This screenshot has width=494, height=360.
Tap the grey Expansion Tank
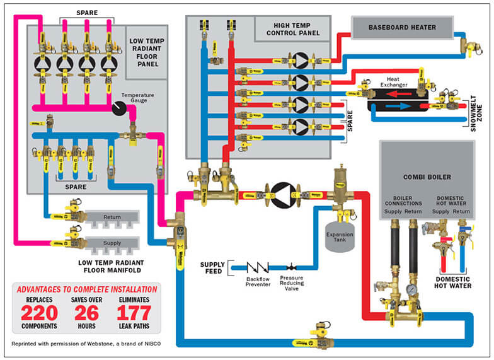339,236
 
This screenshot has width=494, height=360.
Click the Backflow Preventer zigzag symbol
258,267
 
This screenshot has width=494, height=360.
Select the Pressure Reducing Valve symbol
292,267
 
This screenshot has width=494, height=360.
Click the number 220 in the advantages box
38,313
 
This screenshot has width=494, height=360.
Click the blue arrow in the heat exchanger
398,107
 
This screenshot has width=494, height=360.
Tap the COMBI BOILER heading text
427,177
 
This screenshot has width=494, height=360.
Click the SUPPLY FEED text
212,267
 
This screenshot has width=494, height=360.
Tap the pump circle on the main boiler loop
283,192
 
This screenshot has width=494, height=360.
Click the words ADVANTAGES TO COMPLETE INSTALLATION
86,289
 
